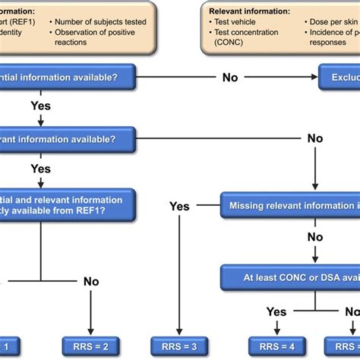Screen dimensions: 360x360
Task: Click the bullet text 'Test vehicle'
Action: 237,23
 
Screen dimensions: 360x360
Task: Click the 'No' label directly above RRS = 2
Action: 90,282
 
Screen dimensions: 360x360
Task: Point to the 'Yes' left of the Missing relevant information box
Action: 179,206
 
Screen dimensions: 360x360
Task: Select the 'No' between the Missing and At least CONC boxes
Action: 314,236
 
